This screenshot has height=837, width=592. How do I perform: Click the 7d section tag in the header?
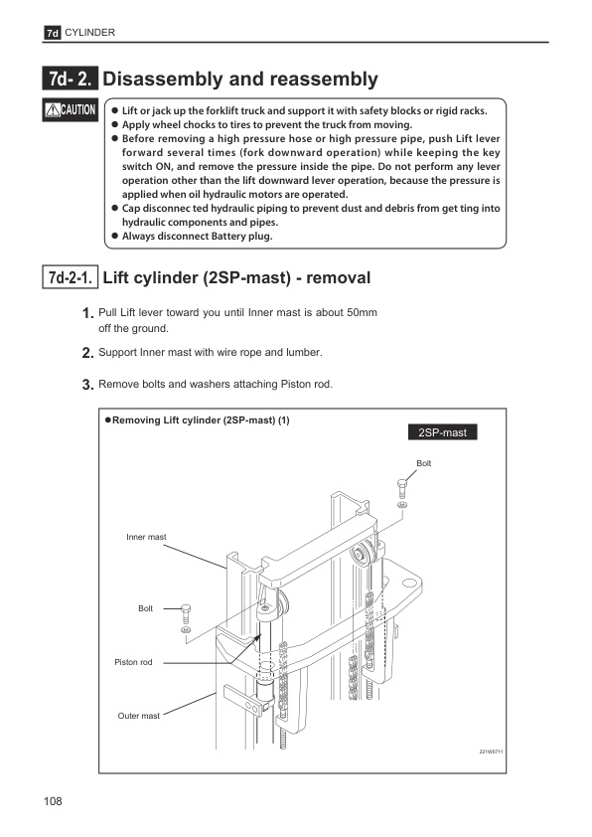[53, 33]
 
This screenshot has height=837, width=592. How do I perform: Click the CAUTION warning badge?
[71, 110]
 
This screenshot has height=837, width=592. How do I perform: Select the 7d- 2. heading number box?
[71, 79]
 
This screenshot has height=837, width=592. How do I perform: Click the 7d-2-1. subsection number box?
[71, 277]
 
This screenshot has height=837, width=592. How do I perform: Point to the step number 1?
[88, 313]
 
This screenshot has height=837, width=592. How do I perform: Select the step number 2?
[88, 353]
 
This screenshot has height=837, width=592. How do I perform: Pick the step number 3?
[88, 385]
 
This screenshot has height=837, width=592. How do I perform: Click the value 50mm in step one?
[362, 312]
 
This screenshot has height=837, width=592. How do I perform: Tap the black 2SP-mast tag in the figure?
[443, 432]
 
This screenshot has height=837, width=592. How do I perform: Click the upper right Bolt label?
[424, 463]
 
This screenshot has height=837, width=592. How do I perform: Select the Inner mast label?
[146, 537]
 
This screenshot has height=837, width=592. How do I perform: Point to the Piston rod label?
[133, 662]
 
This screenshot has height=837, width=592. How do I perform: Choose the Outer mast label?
[139, 716]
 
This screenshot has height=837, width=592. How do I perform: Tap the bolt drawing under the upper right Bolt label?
[402, 488]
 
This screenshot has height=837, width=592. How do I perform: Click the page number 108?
[53, 801]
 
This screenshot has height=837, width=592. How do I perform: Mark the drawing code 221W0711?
[492, 752]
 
